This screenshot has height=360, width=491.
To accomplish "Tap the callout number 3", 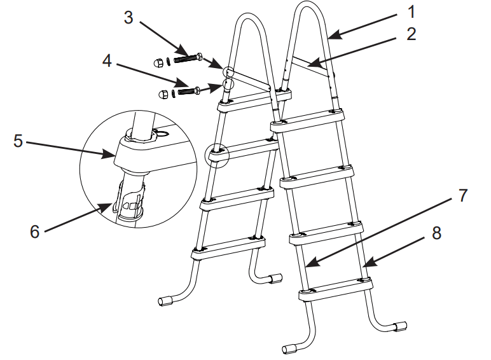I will [129, 17].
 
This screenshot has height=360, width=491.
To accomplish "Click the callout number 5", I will [18, 141].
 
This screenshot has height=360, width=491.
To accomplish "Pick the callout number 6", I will [35, 232].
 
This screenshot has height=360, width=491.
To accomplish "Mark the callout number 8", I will [436, 234].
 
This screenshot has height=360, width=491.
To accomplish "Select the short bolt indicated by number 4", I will [188, 91].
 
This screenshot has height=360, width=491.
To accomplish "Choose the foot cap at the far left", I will [165, 300].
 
